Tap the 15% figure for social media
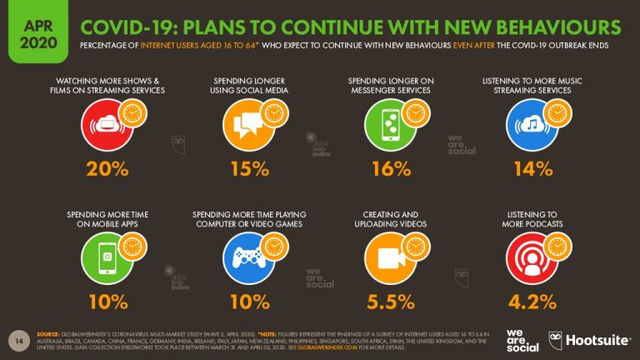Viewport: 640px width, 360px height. tap(248, 168)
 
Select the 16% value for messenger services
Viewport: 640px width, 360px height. tap(390, 168)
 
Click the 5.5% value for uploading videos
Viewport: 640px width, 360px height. tap(390, 300)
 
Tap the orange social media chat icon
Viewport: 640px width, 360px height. tap(247, 125)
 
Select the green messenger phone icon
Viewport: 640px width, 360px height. tap(389, 125)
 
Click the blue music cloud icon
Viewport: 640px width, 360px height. tap(531, 125)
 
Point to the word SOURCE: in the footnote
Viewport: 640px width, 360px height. tap(47, 332)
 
